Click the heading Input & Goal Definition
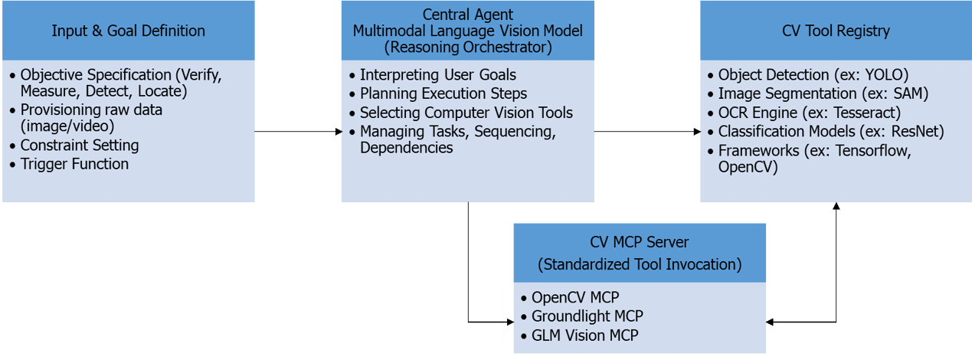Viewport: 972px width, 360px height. pos(128,31)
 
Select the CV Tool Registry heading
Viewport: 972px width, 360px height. pos(836,31)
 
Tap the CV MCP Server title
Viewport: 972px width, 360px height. pos(640,243)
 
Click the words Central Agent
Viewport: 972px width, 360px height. pos(467,15)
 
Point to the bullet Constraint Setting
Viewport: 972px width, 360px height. pos(80,146)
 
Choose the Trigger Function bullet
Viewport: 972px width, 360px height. pos(74,164)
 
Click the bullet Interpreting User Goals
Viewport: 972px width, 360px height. pos(438,75)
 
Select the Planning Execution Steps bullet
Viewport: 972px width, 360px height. pos(443,93)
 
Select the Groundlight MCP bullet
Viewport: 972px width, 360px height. pos(587,316)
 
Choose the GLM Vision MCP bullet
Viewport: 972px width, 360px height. pos(584,335)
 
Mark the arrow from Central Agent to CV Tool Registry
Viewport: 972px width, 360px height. pos(647,132)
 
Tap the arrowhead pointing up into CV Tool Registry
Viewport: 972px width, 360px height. pos(836,208)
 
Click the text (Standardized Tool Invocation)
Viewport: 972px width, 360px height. pos(640,264)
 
